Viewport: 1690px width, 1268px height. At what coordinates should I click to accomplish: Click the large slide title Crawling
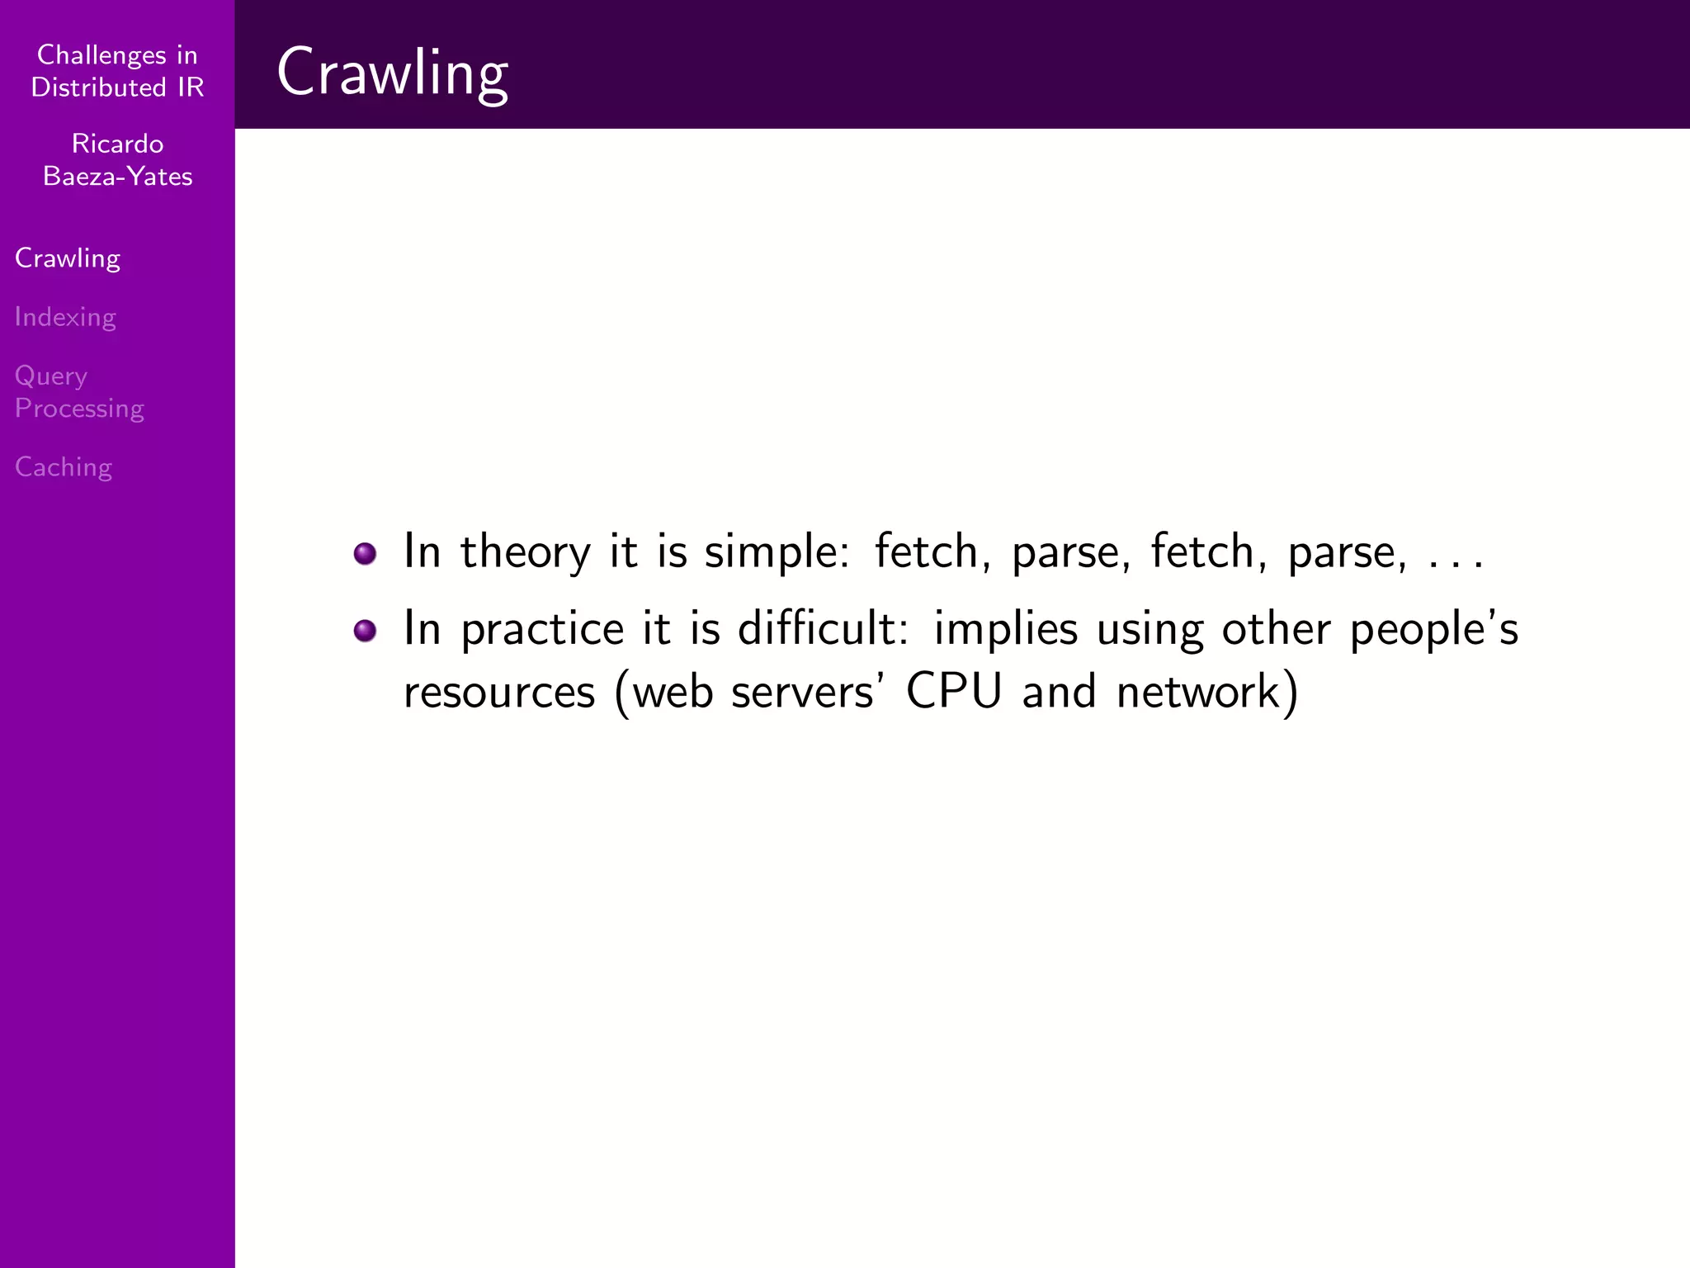pyautogui.click(x=392, y=73)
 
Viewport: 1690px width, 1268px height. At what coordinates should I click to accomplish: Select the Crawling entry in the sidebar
pyautogui.click(x=68, y=258)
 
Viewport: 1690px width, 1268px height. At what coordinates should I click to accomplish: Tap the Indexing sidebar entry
pyautogui.click(x=65, y=317)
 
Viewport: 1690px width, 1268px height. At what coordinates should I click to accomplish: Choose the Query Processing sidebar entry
pyautogui.click(x=79, y=392)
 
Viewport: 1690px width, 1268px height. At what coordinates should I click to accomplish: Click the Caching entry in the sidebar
pyautogui.click(x=64, y=467)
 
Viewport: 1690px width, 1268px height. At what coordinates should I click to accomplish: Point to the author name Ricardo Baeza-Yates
pyautogui.click(x=117, y=160)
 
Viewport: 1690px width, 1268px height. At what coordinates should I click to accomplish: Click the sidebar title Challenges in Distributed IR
pyautogui.click(x=117, y=71)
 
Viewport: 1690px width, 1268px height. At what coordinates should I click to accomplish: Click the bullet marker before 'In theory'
pyautogui.click(x=365, y=553)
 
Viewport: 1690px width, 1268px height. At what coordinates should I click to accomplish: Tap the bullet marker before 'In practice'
pyautogui.click(x=365, y=632)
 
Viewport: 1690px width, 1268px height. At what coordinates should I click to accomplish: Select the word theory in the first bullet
pyautogui.click(x=525, y=551)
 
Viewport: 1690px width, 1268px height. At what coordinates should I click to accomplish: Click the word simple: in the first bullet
pyautogui.click(x=777, y=551)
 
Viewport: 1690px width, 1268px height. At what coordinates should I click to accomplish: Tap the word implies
pyautogui.click(x=1005, y=630)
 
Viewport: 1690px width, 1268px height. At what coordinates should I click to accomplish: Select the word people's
pyautogui.click(x=1433, y=630)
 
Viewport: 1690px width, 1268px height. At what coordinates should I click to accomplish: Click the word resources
pyautogui.click(x=499, y=692)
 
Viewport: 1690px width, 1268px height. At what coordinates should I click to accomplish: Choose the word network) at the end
pyautogui.click(x=1207, y=692)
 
